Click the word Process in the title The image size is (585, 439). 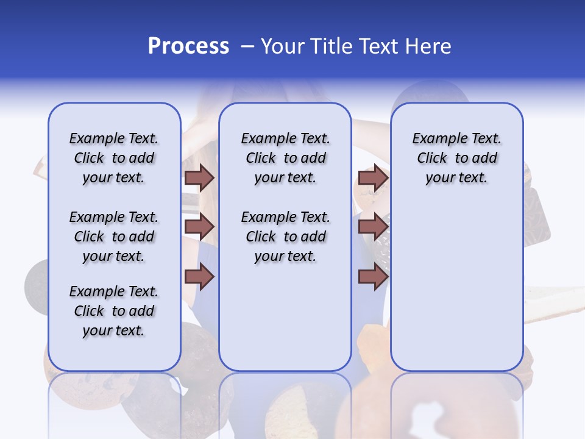[188, 46]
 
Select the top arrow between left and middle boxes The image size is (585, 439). [199, 177]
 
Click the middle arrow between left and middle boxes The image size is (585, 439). [199, 227]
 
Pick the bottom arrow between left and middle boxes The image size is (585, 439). [199, 277]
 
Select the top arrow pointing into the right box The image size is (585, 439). [373, 177]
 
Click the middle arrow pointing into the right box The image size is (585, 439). [373, 227]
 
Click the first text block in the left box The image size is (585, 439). [114, 158]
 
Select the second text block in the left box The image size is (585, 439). [114, 237]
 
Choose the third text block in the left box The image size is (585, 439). [114, 311]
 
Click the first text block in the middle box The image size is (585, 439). [285, 158]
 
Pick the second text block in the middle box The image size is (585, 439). [285, 237]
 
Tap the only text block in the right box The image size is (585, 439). [456, 158]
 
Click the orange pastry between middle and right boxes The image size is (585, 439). [372, 348]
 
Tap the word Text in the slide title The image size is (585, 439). [377, 46]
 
